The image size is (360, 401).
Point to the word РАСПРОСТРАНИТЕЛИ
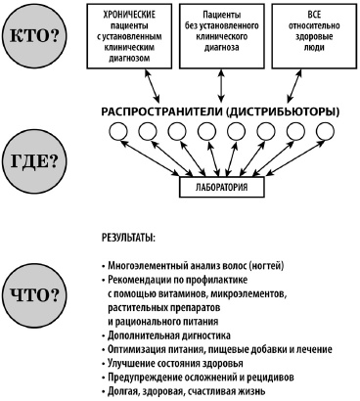[x=160, y=112]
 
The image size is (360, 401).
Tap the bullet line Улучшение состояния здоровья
[x=166, y=362]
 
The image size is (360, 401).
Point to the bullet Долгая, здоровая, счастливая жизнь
[x=180, y=389]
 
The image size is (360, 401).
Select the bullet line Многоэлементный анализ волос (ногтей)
[x=185, y=266]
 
